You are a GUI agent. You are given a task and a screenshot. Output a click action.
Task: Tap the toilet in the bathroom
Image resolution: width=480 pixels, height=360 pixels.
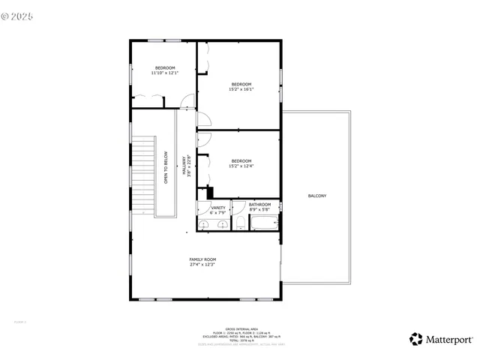point(240,223)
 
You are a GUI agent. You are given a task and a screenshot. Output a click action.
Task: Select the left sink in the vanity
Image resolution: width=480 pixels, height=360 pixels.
point(205,224)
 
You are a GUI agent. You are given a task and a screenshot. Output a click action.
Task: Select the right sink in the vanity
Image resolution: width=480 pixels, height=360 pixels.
point(221,224)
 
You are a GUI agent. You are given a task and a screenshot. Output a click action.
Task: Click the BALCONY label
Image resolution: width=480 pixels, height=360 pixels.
point(316,196)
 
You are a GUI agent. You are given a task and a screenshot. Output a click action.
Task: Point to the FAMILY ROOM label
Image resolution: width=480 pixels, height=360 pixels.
point(202,259)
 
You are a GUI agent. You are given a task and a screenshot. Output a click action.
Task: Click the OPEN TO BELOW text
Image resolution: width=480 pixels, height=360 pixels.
point(166,168)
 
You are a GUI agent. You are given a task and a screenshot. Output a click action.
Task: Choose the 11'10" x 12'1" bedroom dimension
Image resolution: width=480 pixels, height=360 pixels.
point(164,73)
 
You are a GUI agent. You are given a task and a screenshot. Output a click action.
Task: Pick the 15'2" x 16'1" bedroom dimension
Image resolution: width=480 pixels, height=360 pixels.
point(241,89)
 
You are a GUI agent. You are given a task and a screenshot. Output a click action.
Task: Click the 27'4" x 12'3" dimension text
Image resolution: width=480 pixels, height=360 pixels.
point(202,265)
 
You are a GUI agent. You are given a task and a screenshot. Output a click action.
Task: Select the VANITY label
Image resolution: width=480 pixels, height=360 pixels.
point(218,208)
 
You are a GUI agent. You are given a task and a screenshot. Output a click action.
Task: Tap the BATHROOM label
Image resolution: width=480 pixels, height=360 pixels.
point(259,205)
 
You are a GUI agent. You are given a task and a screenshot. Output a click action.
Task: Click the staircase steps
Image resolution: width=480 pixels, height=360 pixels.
point(142,176)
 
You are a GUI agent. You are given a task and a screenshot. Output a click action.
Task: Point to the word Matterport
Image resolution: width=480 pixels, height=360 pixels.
point(448,339)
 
